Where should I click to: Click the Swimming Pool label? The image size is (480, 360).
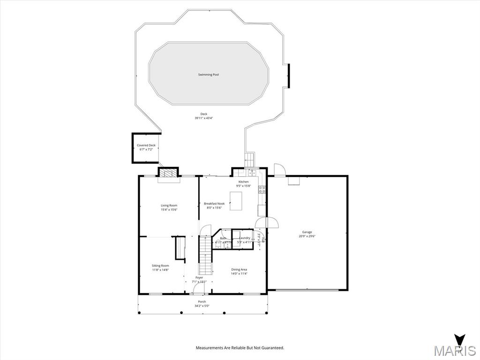[208, 75]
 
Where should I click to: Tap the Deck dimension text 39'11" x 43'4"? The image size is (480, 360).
[204, 118]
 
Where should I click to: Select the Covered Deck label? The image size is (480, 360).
[146, 145]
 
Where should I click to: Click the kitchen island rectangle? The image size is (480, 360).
[236, 201]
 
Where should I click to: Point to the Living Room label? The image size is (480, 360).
[169, 205]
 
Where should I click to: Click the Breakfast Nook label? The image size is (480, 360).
[214, 203]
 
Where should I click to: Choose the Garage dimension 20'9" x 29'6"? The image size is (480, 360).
[307, 236]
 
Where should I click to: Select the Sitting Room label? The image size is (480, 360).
[160, 266]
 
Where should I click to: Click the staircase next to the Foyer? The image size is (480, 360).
[205, 255]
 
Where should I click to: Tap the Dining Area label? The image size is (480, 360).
[239, 270]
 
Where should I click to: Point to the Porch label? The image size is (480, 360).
[202, 301]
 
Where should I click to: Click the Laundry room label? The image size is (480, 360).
[245, 238]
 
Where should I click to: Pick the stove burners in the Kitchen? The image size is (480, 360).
[262, 190]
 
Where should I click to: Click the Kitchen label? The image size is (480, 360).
[243, 182]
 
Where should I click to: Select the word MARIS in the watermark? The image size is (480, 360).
[455, 351]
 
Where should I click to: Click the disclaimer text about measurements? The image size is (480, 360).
[240, 348]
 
